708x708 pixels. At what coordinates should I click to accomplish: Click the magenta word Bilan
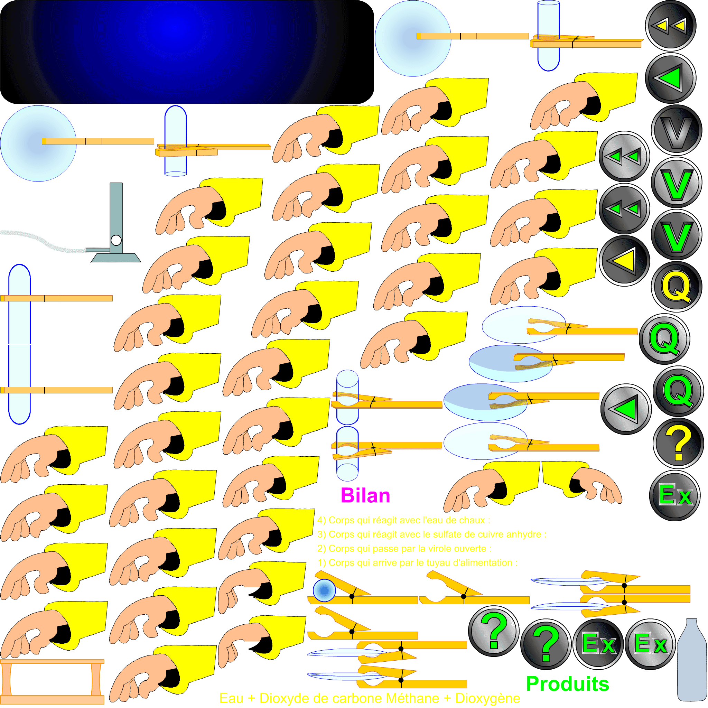pos(365,496)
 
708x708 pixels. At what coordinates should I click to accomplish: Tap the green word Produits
pos(567,684)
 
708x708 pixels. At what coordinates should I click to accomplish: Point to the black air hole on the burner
pos(116,240)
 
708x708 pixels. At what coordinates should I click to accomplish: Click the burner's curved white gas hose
pos(44,240)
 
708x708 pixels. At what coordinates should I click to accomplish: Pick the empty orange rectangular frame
pos(52,682)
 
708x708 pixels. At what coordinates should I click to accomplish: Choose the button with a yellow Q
pos(677,287)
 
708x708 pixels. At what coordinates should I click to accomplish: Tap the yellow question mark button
pos(678,444)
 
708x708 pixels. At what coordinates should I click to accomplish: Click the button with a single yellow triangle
pos(624,261)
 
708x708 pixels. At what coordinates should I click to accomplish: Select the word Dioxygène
pos(487,698)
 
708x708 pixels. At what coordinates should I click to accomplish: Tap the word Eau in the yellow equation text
pos(231,698)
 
